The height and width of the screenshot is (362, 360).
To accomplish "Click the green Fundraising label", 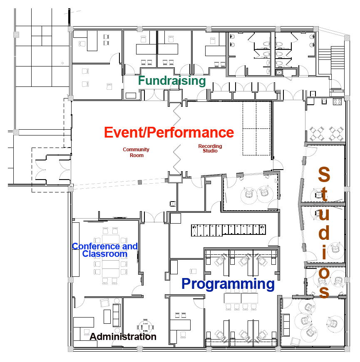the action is coord(172,81).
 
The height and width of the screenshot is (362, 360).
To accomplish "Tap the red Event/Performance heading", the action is coord(169,133).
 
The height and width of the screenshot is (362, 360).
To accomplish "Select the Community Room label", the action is coord(136,153).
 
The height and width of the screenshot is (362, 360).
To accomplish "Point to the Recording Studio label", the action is coord(210,148).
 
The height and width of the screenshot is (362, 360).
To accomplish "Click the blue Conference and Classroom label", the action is coord(105,250).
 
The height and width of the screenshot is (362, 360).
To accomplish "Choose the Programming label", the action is coord(228,284).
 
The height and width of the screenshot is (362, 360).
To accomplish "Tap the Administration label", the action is coord(123,337).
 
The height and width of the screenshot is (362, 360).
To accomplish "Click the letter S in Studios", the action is coord(324,175).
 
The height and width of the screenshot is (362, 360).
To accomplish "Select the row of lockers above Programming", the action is coord(229,230).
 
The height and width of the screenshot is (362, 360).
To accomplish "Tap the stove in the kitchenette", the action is coord(337,101).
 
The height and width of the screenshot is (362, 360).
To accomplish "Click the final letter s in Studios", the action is coord(324,291).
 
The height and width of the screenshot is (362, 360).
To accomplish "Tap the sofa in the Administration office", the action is coord(116,315).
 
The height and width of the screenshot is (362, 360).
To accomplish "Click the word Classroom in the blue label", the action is coord(105,254).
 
